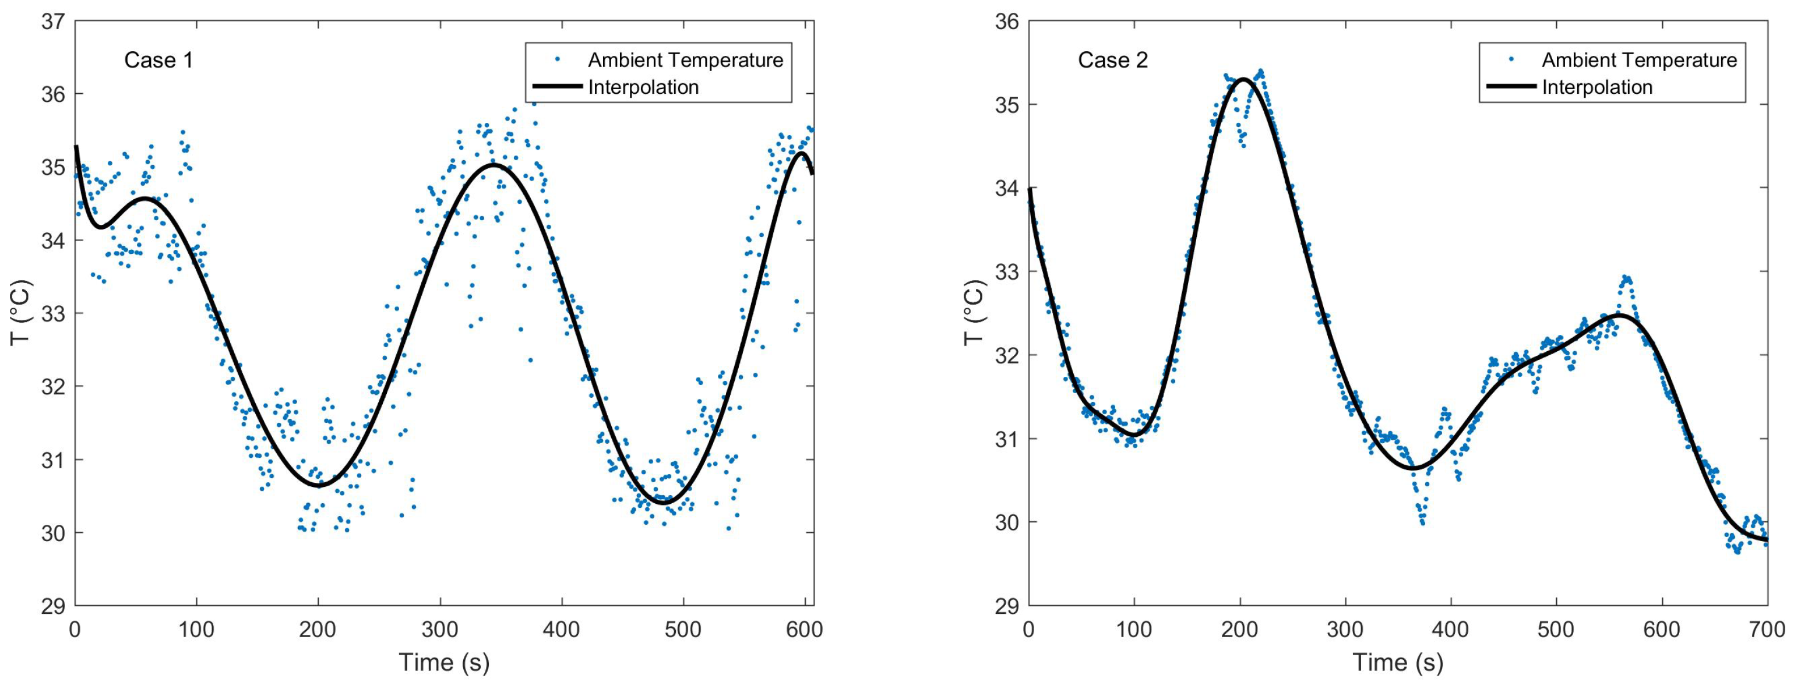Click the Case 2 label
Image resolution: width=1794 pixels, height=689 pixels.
tap(1112, 61)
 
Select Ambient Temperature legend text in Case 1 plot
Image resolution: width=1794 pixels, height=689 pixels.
tap(685, 61)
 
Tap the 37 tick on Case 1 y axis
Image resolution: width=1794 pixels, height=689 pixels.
tap(53, 22)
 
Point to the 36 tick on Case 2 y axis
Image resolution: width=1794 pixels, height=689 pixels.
tap(1007, 22)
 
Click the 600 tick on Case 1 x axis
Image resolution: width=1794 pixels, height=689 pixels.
tap(805, 629)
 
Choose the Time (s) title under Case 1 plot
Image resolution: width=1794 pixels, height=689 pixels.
tap(443, 662)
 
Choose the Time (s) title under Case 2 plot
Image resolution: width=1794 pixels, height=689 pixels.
tap(1398, 662)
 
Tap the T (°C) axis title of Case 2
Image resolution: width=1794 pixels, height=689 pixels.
tap(974, 313)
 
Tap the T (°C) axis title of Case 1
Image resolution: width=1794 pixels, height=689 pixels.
tap(21, 313)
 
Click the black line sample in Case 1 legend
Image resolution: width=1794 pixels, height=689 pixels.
tap(556, 87)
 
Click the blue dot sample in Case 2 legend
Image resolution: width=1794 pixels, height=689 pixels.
tap(1511, 60)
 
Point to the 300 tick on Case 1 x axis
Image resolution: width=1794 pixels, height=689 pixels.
tap(440, 629)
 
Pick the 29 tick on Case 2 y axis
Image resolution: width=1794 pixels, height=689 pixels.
tap(1007, 606)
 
